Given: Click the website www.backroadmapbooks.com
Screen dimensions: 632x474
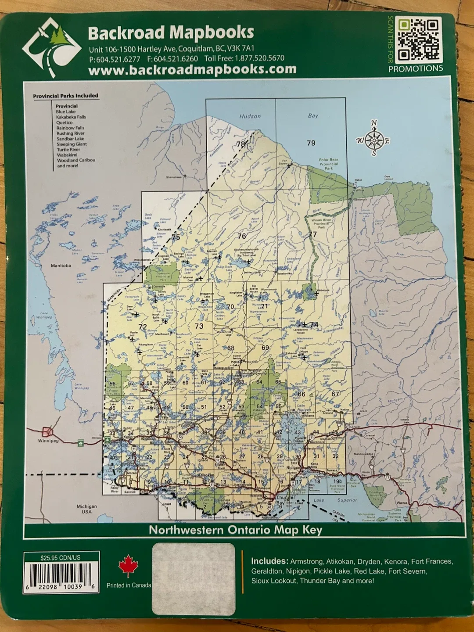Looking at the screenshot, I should pos(192,69).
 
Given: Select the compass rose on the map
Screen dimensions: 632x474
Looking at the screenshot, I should pos(373,140).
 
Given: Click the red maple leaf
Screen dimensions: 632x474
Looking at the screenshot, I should pos(128,566).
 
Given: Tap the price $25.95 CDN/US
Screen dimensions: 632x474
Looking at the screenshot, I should pos(61,558).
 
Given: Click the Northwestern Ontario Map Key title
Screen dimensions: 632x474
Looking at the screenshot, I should pos(236,530).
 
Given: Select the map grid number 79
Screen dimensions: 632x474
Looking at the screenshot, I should pos(311,143).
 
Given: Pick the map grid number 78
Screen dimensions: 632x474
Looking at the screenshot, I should pos(241,144).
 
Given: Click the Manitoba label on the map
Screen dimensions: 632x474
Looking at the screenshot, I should pos(61,266).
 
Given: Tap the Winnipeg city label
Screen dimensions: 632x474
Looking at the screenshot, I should pos(48,441).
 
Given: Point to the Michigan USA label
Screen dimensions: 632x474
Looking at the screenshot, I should pos(86,509).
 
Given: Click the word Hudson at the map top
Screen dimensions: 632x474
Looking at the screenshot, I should pos(250,116).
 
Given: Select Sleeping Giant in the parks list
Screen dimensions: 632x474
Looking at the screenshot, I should pos(72,144).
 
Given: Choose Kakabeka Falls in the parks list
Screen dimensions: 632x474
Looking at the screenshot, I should pos(71,117).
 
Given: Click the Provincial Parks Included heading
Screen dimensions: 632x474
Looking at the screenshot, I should pos(65,96).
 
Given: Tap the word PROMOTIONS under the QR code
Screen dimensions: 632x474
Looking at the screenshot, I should pos(415,68).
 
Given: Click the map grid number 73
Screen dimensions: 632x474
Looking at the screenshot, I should pos(199,326).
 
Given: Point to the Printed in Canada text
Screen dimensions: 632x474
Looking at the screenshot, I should pos(129,585).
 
